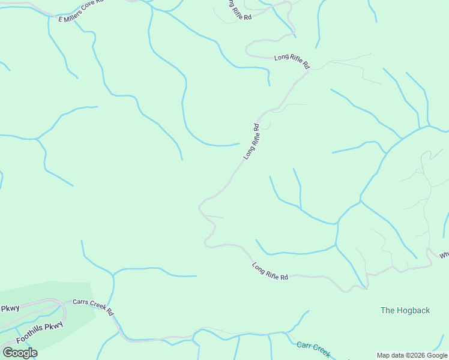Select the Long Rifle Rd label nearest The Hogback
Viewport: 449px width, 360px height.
click(270, 271)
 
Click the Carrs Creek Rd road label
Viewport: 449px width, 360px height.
click(93, 307)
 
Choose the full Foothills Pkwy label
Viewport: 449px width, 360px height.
click(40, 334)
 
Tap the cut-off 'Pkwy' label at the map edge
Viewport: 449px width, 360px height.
click(10, 308)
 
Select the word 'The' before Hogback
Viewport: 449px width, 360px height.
click(388, 310)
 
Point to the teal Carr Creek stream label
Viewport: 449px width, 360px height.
click(313, 349)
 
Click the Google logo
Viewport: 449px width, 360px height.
click(20, 353)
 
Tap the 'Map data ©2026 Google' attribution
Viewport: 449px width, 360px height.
click(412, 355)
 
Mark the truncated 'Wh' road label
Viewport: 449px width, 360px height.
click(444, 255)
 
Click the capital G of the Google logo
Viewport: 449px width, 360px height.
click(8, 353)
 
